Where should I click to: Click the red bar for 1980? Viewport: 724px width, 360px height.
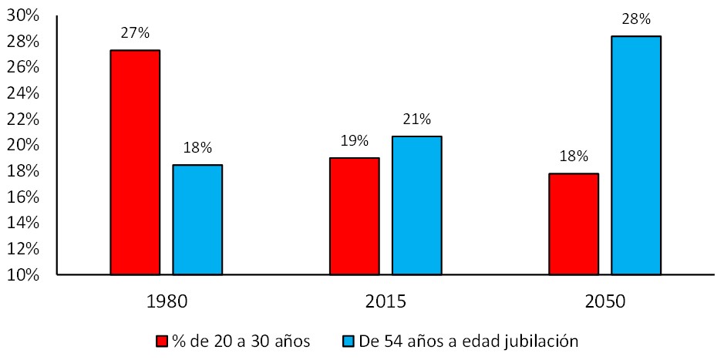pyautogui.click(x=135, y=162)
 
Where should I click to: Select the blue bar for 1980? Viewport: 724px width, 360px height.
pyautogui.click(x=197, y=220)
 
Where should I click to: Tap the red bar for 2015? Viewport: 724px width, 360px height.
pyautogui.click(x=354, y=216)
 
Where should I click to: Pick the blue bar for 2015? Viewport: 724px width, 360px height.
pyautogui.click(x=416, y=205)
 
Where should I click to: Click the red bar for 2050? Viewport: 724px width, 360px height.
pyautogui.click(x=573, y=224)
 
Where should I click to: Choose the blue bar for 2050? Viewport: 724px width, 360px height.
pyautogui.click(x=635, y=155)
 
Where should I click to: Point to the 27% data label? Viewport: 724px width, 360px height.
pyautogui.click(x=135, y=34)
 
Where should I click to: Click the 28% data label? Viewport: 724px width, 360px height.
pyautogui.click(x=635, y=20)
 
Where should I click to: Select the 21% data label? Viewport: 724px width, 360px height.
pyautogui.click(x=416, y=119)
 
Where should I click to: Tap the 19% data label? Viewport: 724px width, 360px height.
pyautogui.click(x=354, y=141)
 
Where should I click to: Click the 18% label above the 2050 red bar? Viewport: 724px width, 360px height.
pyautogui.click(x=573, y=156)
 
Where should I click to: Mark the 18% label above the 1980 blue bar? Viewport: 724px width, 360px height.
pyautogui.click(x=197, y=148)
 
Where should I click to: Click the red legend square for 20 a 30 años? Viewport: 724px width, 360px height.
pyautogui.click(x=162, y=341)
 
